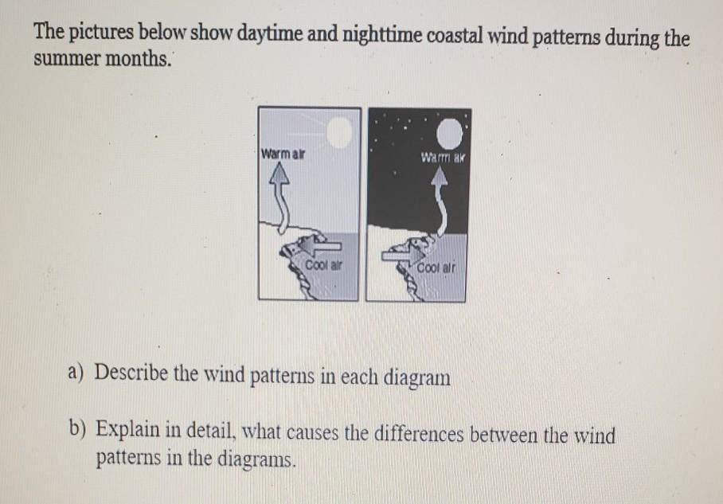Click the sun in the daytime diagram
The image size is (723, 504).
[x=340, y=132]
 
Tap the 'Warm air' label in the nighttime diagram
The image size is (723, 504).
[x=443, y=157]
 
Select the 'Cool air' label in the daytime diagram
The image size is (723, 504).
[x=324, y=265]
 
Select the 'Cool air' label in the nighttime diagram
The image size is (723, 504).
[x=436, y=268]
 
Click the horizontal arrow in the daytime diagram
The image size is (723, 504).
[x=319, y=245]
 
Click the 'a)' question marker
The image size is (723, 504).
[x=75, y=372]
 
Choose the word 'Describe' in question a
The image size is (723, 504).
[x=131, y=373]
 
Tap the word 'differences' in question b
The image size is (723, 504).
[x=418, y=435]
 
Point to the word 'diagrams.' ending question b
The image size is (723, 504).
[x=256, y=459]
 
